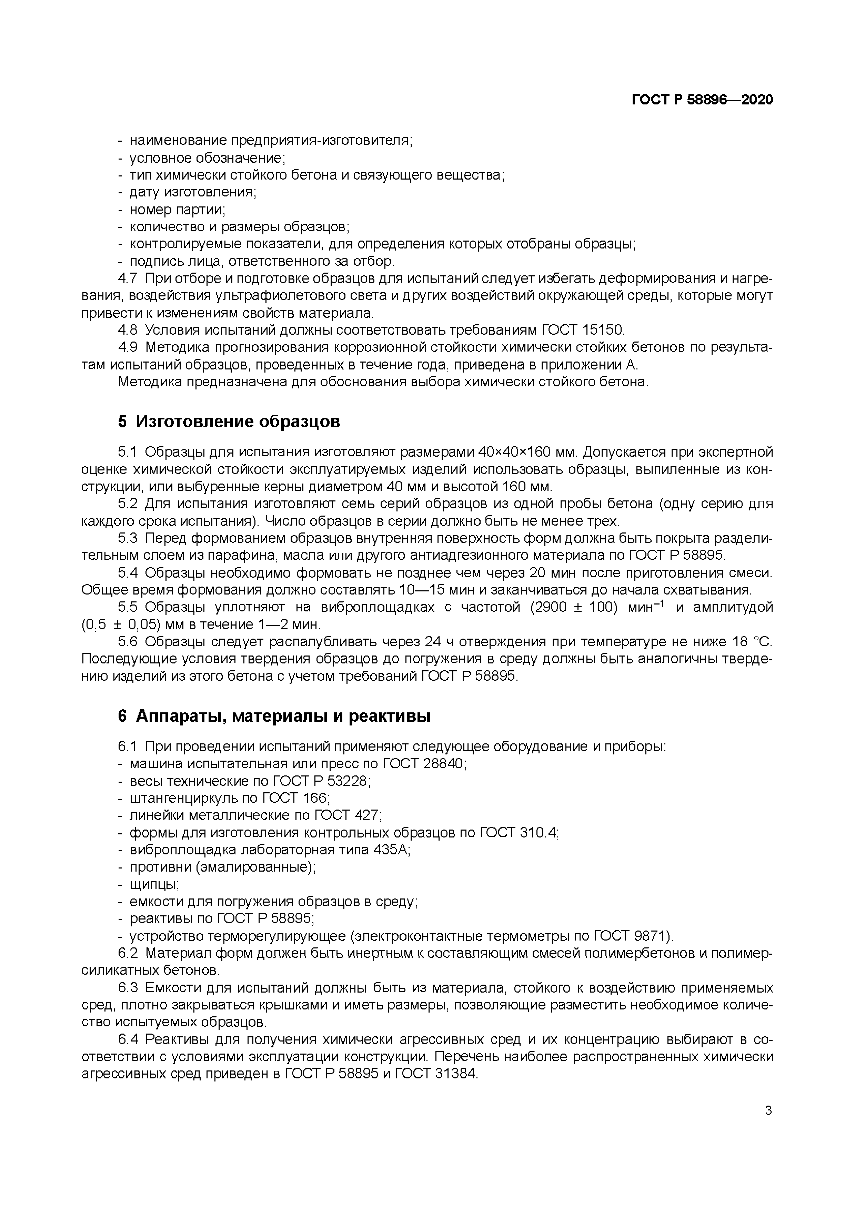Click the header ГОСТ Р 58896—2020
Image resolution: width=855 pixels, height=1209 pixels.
[x=702, y=100]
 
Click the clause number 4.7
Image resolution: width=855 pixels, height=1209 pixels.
[x=128, y=278]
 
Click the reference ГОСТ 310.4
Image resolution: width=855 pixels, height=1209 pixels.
[x=519, y=833]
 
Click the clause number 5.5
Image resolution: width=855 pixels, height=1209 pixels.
[x=128, y=607]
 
